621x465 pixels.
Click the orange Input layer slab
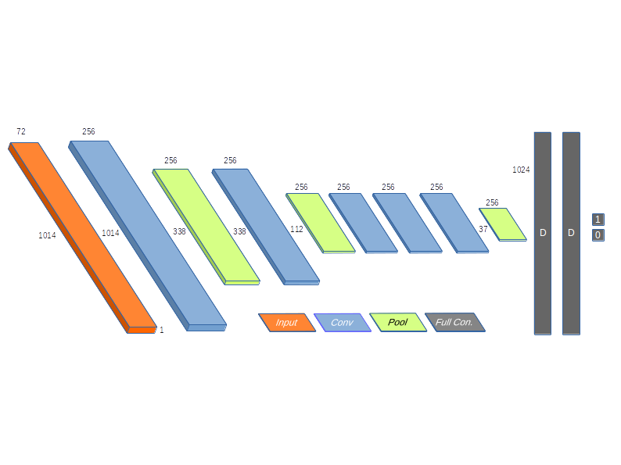(x=82, y=234)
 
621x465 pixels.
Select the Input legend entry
(x=286, y=323)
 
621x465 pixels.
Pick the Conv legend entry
(x=342, y=323)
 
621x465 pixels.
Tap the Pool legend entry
(x=397, y=322)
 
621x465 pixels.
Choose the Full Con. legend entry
(x=454, y=322)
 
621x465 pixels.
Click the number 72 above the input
(x=20, y=131)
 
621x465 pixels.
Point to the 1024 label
(x=521, y=170)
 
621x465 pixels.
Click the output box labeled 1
(x=598, y=220)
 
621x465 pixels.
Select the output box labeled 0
(x=598, y=235)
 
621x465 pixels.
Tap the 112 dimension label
(x=296, y=230)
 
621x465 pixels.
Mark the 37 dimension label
(x=483, y=230)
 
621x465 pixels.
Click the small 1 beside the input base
(x=162, y=331)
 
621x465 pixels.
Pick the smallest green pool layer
(x=503, y=224)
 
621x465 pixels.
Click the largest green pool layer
(x=206, y=224)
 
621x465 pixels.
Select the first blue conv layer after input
(x=147, y=234)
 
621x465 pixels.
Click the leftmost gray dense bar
(x=543, y=233)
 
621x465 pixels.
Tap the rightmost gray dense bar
(x=571, y=233)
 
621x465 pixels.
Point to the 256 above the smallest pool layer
(x=492, y=203)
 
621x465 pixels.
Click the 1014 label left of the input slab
(x=47, y=235)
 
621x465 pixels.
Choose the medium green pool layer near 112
(x=320, y=222)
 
